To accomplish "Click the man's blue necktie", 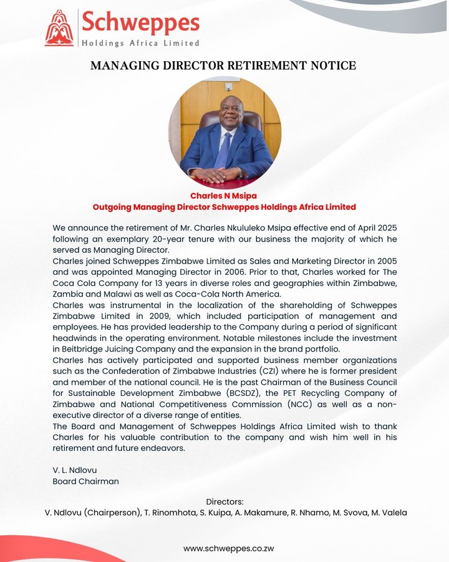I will (223, 150).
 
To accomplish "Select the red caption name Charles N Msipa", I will (224, 196).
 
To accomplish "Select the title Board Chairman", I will (85, 481).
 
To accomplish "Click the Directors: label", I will (224, 501).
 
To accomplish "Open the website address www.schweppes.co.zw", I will (224, 548).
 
